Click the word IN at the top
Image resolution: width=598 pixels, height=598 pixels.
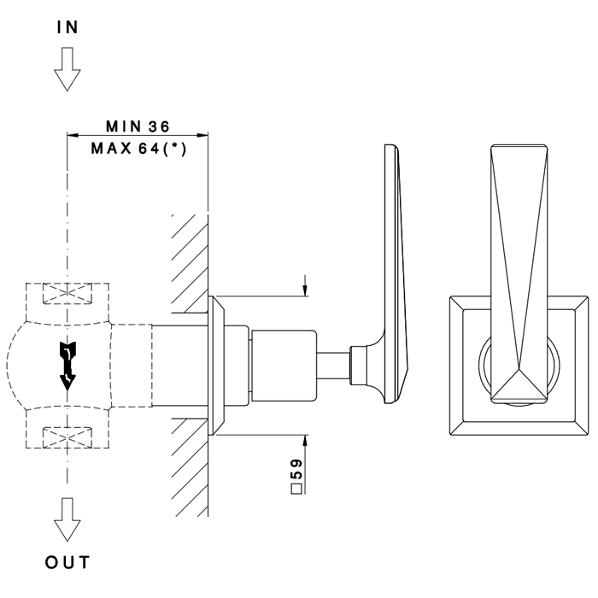point(67,27)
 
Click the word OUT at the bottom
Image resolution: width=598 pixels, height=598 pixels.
point(67,563)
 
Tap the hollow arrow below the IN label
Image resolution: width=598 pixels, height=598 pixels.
point(67,68)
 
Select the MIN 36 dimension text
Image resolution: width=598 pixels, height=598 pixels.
point(137,126)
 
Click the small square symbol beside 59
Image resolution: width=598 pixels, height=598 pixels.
point(297,490)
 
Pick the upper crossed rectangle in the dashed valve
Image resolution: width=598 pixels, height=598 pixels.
point(67,295)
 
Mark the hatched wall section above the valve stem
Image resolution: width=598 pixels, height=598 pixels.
point(191,256)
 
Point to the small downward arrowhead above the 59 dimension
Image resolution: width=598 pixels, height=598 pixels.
point(305,290)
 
